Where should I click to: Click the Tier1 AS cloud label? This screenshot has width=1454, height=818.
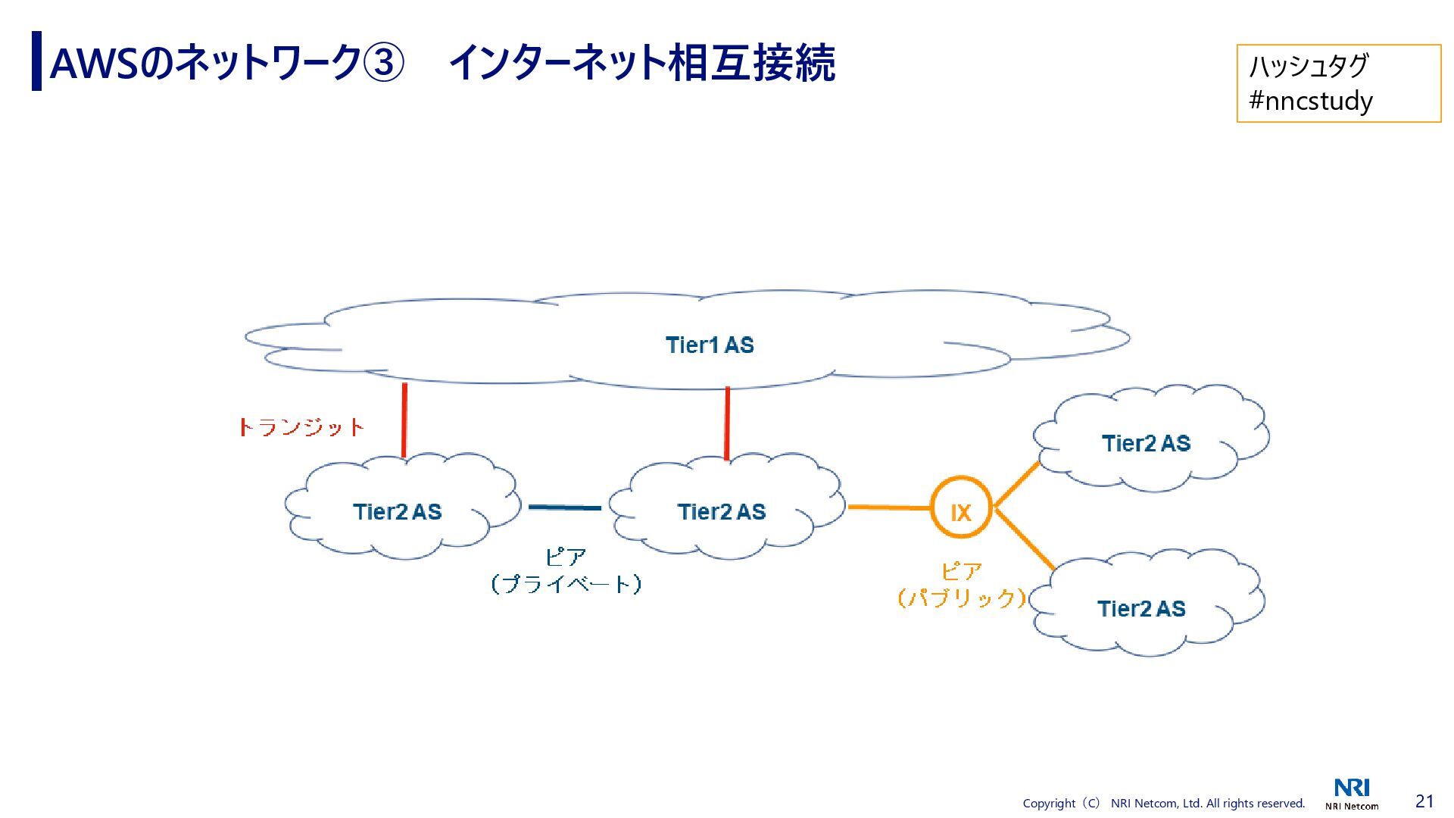710,345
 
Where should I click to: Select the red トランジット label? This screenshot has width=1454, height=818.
301,428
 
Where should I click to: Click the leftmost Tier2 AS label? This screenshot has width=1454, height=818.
397,512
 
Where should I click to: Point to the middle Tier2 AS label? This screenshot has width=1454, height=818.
721,512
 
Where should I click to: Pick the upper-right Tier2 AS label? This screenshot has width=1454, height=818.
1146,444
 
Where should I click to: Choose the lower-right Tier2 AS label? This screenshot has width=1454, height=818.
1141,609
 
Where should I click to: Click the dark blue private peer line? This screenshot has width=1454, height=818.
564,507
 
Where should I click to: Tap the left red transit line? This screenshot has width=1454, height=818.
404,420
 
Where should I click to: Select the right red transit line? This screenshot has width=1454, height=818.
727,423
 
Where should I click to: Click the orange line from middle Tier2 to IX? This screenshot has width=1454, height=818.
889,507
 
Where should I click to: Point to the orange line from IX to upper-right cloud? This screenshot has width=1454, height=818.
1016,484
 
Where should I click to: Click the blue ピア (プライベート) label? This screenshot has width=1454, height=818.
566,571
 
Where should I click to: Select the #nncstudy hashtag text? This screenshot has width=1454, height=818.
1310,101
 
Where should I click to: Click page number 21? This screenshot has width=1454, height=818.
1424,801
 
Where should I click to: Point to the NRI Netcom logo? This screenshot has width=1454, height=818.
1352,794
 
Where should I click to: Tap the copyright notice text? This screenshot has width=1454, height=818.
1164,803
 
